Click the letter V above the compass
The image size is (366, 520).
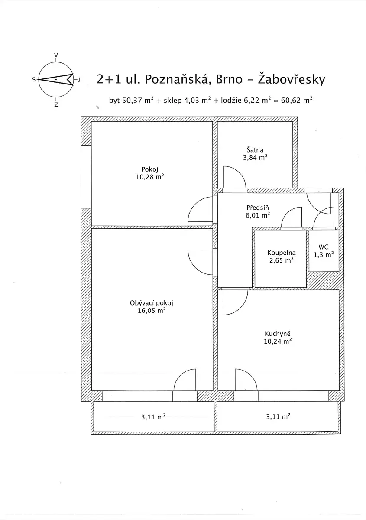pos(56,55)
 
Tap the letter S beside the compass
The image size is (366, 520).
pos(34,80)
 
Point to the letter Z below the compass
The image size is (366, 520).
pos(56,105)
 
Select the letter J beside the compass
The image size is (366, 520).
pos(79,80)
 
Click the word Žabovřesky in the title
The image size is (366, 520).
pos(292,79)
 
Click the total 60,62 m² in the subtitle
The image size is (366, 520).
pos(297,100)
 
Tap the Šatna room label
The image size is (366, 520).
pos(255,150)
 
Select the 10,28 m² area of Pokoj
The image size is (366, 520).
pos(150,177)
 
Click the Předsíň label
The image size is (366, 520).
pos(258,207)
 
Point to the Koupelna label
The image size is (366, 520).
pos(281,253)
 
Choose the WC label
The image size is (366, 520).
pos(324,247)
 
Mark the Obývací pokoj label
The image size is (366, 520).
pos(152,303)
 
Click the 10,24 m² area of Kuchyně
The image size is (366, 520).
pos(278,341)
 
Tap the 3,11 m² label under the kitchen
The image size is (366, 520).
pos(278,417)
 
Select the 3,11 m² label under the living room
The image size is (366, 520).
pos(153,417)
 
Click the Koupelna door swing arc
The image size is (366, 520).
pos(288,211)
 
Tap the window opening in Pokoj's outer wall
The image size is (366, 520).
pos(86,177)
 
